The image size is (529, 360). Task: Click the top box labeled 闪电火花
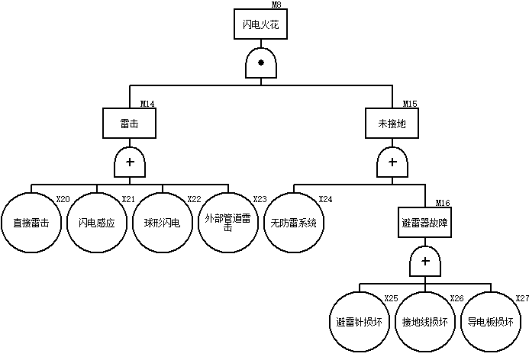260,25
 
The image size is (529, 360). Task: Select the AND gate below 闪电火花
260,63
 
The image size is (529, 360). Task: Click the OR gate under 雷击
129,162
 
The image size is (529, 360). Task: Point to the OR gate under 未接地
392,162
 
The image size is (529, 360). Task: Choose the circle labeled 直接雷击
31,223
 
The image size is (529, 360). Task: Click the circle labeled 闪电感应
97,223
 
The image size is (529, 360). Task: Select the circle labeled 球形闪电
163,223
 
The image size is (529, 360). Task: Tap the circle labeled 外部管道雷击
228,223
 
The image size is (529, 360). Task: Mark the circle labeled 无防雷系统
294,223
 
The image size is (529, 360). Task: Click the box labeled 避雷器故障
425,223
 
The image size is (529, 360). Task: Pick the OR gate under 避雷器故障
425,263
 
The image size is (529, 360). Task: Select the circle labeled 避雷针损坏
360,321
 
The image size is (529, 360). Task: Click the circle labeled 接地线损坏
425,321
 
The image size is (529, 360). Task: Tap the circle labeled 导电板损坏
491,321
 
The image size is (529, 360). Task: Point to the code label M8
276,5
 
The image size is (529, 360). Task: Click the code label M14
147,104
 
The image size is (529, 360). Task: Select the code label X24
325,199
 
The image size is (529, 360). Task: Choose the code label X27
522,297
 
